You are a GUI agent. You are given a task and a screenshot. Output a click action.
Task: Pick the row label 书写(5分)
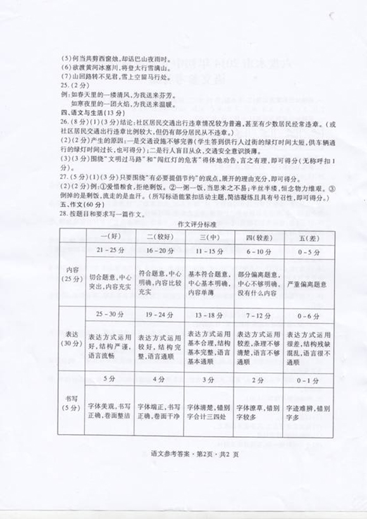(x=70, y=402)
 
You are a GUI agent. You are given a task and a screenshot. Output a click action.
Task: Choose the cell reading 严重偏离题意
(x=306, y=284)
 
